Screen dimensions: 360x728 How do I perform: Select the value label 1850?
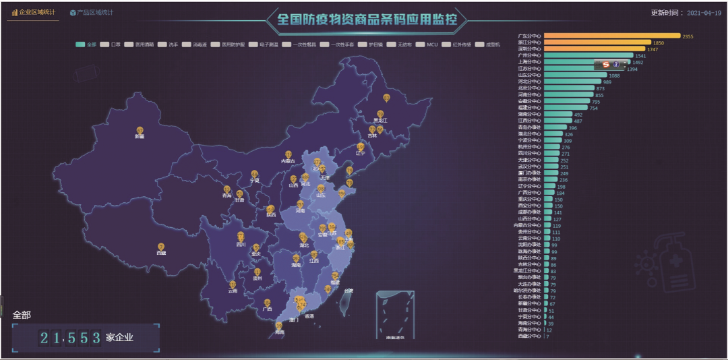coord(659,42)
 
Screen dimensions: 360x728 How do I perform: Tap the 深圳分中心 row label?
coord(529,49)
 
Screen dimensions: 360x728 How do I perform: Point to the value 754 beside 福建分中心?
coord(593,108)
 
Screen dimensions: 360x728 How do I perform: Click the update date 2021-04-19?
coord(705,13)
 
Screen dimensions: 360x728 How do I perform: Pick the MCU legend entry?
coord(432,44)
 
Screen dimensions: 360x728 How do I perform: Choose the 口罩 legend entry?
coord(115,44)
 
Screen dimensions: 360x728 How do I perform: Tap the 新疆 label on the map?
coord(140,136)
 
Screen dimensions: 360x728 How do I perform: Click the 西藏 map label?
coord(161,253)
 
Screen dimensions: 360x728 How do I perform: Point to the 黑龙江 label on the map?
coord(380,121)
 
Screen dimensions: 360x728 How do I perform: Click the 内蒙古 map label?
coord(289,161)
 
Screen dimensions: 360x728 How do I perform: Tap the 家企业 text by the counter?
coord(119,337)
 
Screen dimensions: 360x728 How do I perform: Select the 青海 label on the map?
coord(226,196)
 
